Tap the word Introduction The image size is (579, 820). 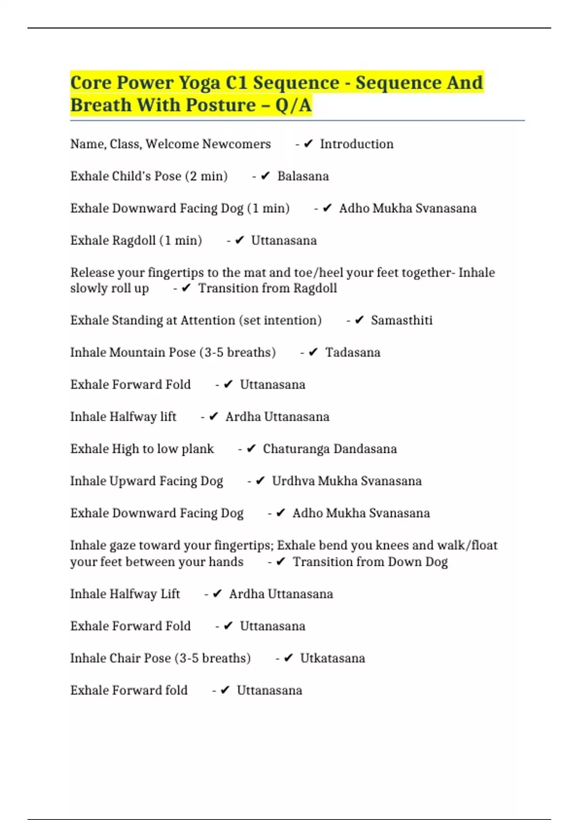point(357,144)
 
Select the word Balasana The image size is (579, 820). point(303,177)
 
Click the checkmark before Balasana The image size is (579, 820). point(265,176)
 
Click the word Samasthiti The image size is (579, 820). point(401,321)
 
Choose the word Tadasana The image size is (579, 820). point(353,353)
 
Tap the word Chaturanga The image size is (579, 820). point(295,449)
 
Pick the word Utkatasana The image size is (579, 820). point(332,658)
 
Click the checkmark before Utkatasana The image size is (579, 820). point(288,658)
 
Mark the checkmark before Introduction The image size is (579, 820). point(308,144)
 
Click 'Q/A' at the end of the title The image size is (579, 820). point(293,105)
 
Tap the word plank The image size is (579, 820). point(197,449)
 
